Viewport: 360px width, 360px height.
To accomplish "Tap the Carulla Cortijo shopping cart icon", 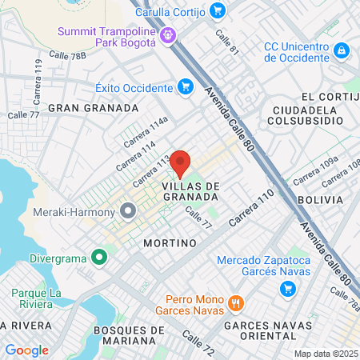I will [x=218, y=11].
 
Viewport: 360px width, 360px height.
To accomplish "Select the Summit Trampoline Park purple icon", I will [x=168, y=35].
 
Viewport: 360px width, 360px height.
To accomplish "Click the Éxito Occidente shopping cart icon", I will [x=186, y=86].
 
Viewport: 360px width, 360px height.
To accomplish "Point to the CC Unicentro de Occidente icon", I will [x=342, y=51].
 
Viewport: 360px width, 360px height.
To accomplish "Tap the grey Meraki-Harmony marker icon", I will [x=128, y=212].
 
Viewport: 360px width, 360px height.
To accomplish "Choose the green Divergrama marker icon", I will [x=99, y=258].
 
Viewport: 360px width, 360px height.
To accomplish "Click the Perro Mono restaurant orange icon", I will [x=235, y=304].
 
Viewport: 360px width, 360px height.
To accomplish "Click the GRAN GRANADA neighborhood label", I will [x=93, y=107].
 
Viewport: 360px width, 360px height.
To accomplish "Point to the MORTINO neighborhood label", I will [x=170, y=242].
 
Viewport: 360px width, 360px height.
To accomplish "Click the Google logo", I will [x=26, y=350].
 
